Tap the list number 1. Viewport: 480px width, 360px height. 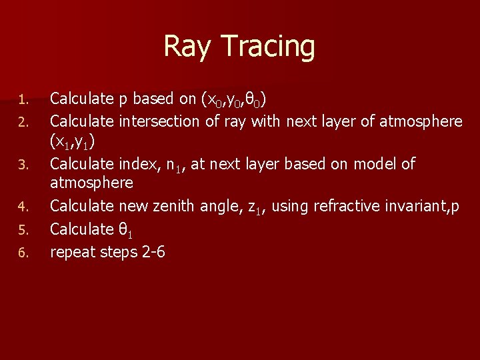(22, 101)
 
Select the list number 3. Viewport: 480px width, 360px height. (22, 164)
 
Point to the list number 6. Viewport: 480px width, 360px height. (22, 253)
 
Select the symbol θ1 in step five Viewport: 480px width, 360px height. (127, 229)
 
